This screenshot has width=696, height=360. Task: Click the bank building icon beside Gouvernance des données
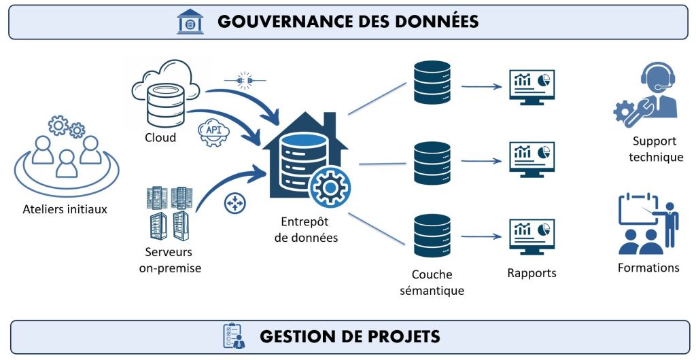190,21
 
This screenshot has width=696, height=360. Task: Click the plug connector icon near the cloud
245,79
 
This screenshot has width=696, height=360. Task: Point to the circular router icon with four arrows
234,202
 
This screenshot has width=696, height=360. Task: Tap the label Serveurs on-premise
170,260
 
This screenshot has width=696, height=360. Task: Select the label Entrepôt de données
309,230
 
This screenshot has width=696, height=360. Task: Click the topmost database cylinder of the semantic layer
432,82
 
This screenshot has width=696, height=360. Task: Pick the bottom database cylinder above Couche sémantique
432,235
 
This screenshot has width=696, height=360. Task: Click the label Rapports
532,273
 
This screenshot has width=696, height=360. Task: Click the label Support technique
655,149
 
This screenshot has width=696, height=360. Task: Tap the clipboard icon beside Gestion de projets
234,336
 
